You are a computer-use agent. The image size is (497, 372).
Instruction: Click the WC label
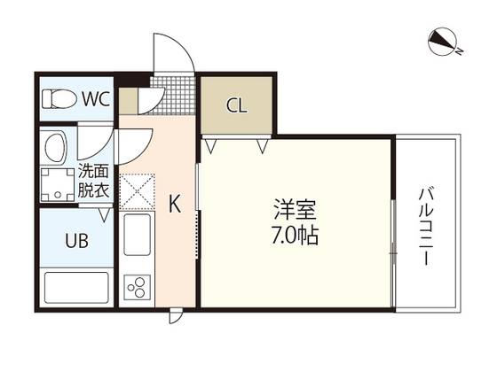click(96, 99)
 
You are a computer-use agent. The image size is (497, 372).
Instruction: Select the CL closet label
click(236, 105)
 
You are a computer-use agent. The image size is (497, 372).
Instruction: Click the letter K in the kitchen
click(175, 205)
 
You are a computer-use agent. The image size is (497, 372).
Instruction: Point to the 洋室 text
click(293, 213)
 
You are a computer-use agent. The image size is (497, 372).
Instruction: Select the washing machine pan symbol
click(58, 184)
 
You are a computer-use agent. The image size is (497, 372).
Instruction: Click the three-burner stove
click(139, 286)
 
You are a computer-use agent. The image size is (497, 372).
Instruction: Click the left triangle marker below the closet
click(211, 142)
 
